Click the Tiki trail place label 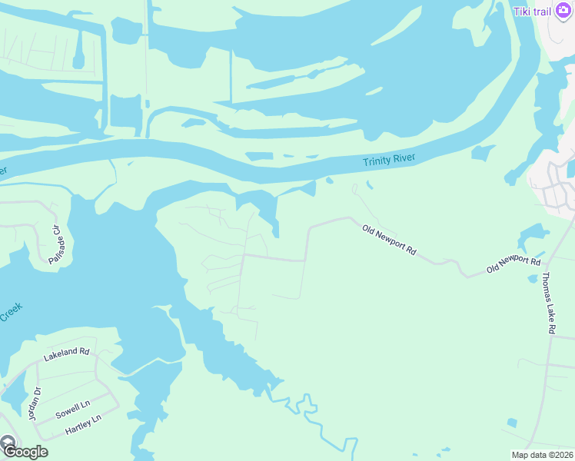click(x=533, y=10)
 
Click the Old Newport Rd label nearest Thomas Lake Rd click(x=514, y=264)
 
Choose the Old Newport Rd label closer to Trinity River click(x=389, y=240)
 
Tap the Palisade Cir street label click(x=55, y=245)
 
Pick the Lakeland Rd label click(x=67, y=354)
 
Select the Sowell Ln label click(x=73, y=409)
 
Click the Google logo click(x=25, y=452)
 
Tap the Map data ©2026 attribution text click(x=542, y=455)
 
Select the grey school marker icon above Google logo click(x=7, y=443)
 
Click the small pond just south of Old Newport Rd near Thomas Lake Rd click(x=533, y=279)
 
